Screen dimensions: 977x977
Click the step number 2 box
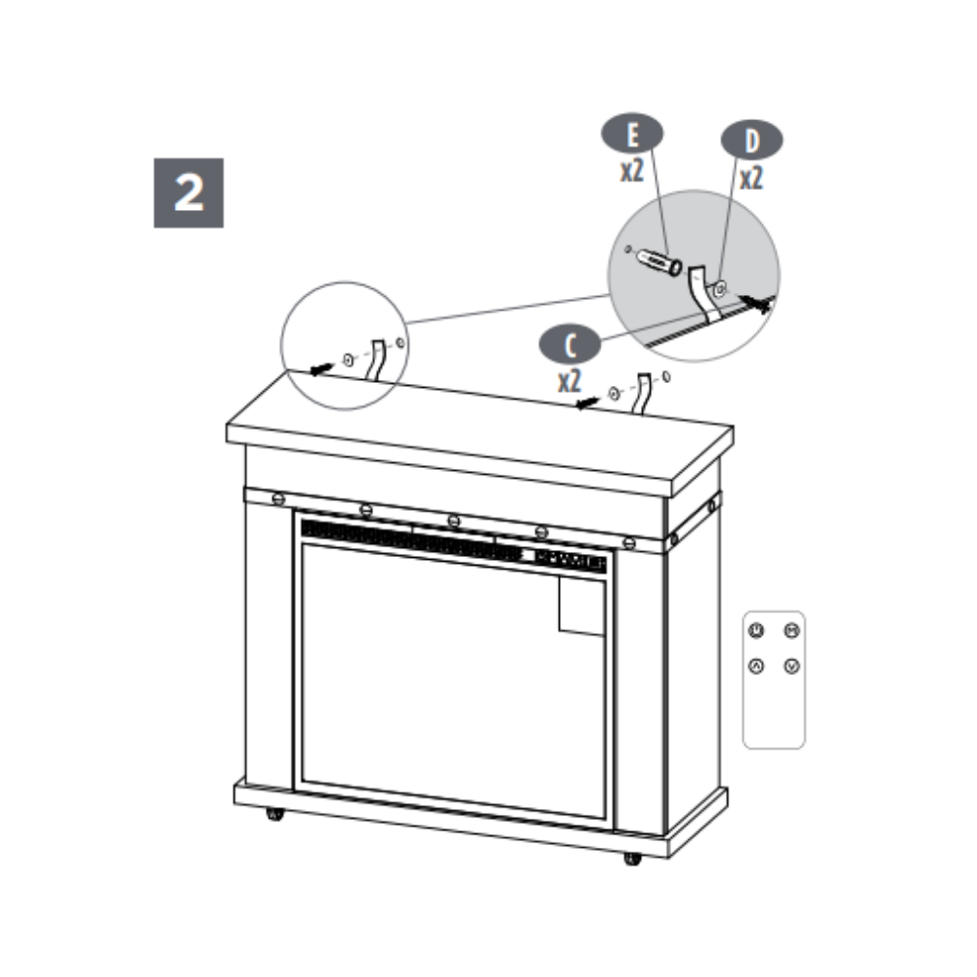click(189, 192)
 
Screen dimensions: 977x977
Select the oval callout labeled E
click(632, 133)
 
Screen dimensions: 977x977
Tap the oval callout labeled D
click(751, 140)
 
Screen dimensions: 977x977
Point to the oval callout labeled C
click(570, 344)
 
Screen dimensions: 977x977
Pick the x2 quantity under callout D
click(751, 178)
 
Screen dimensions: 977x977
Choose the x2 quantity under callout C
click(570, 381)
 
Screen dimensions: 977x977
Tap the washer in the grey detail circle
click(720, 288)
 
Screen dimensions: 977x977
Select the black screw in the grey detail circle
click(755, 304)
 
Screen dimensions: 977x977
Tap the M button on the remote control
click(791, 630)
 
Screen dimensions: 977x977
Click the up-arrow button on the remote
click(756, 666)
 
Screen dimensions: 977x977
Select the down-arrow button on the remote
click(791, 666)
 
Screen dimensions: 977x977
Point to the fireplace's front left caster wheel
click(275, 814)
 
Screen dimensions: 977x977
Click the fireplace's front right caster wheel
click(632, 859)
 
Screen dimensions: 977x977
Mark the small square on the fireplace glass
click(581, 606)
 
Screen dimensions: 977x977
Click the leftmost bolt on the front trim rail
click(278, 498)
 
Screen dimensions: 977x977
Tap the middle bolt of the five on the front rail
click(453, 521)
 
